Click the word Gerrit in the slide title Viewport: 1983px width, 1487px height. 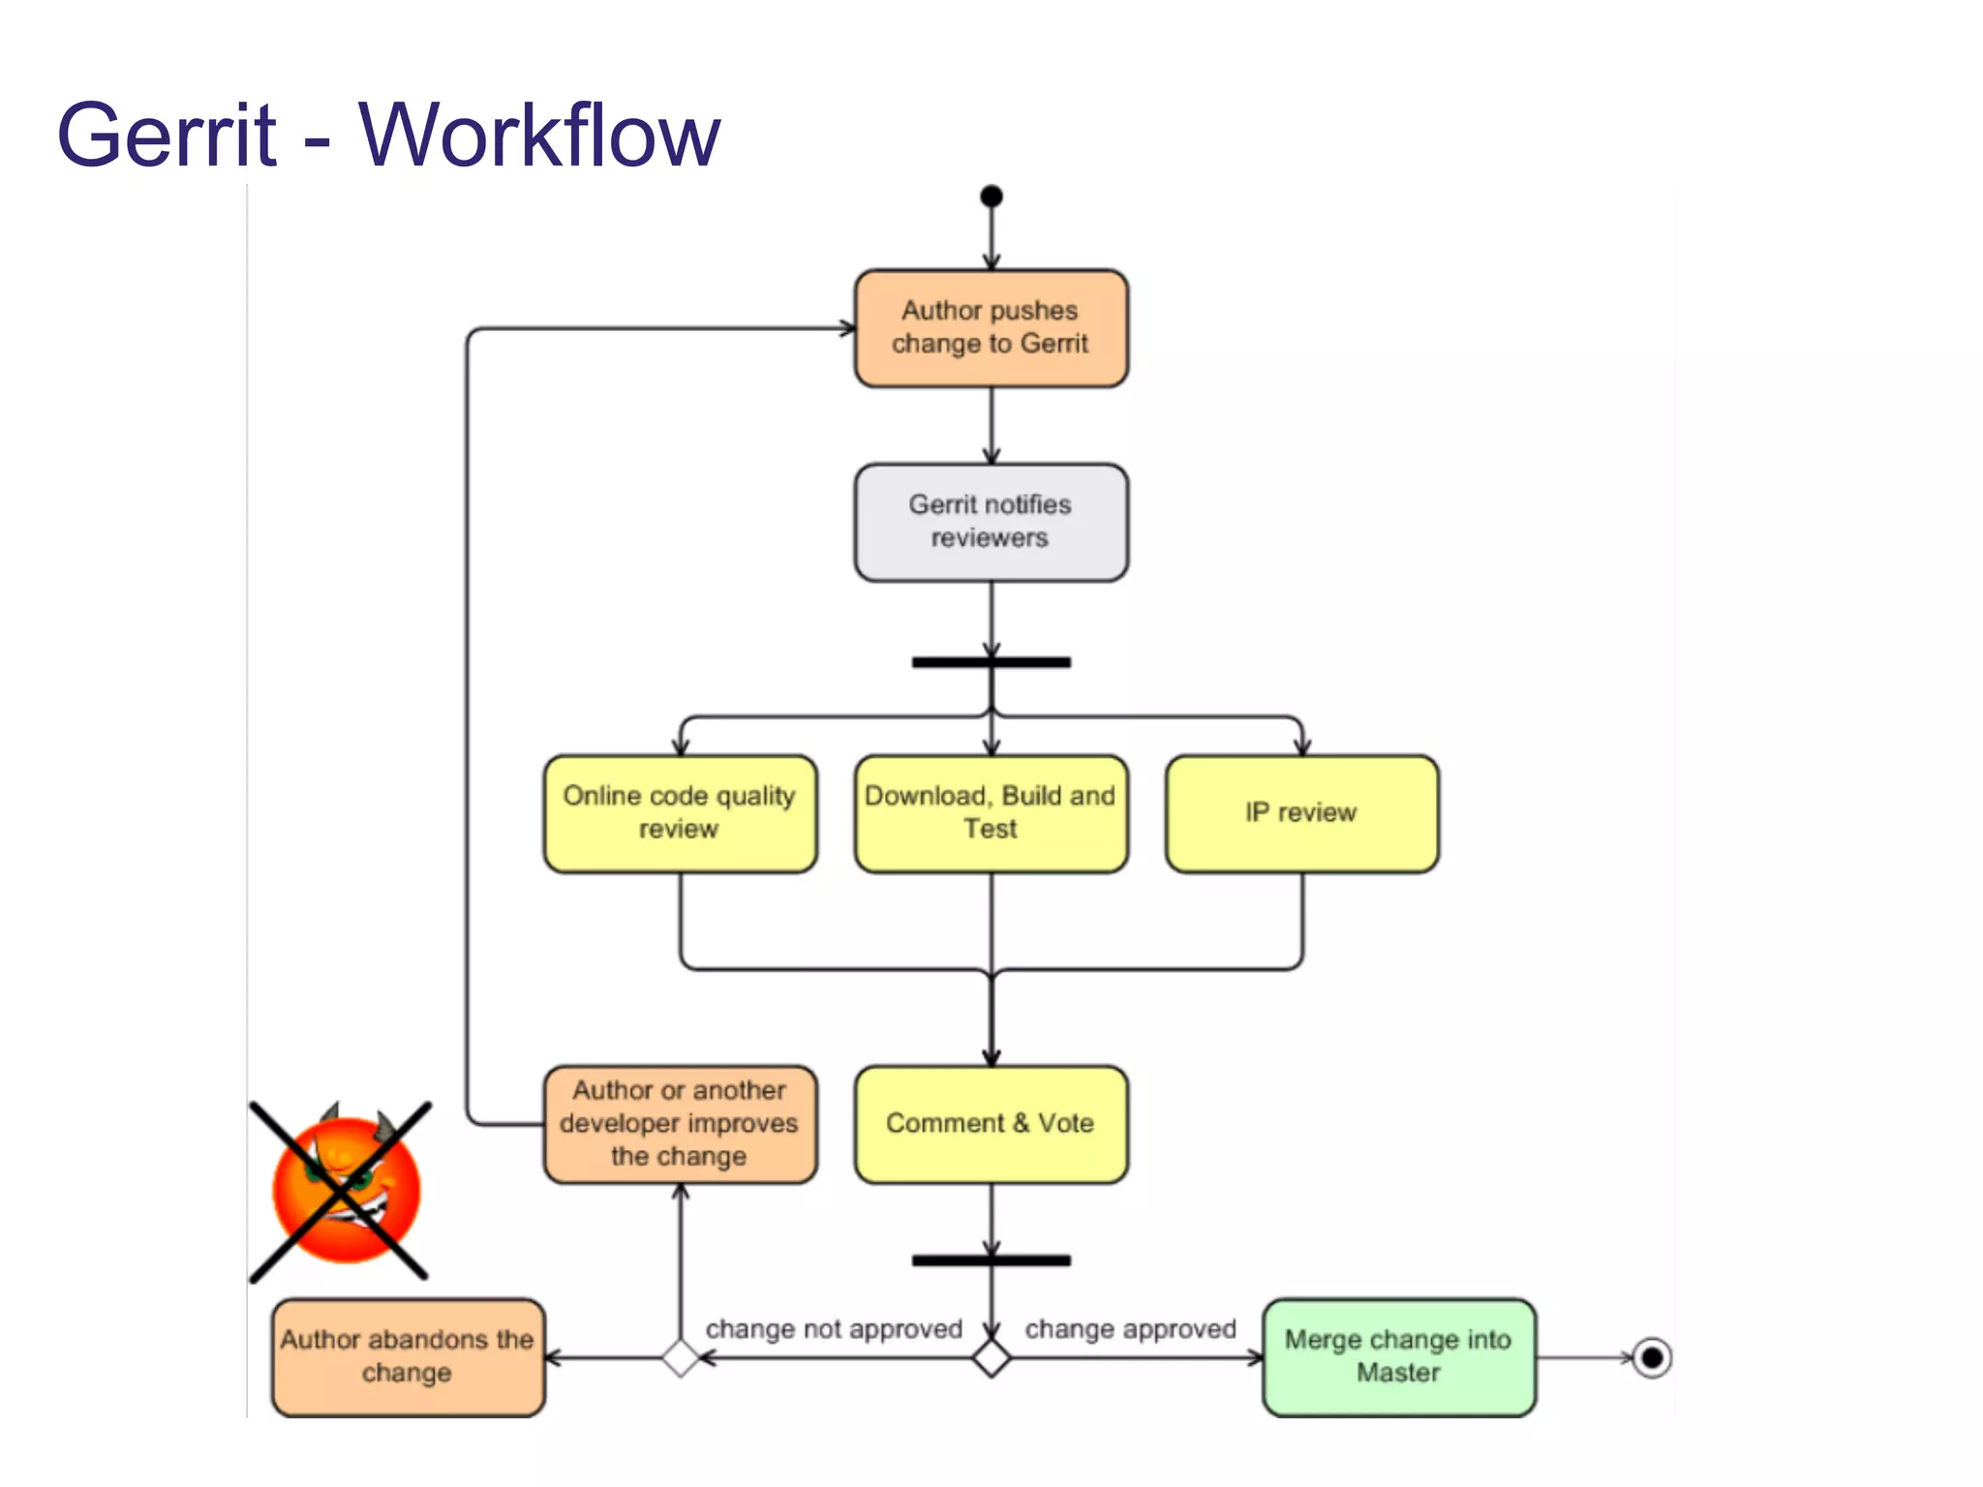point(167,135)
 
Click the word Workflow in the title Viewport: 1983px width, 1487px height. point(539,135)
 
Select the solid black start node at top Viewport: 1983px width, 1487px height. point(991,197)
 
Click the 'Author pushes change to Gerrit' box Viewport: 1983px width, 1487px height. point(991,328)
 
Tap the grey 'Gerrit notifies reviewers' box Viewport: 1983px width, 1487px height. point(991,522)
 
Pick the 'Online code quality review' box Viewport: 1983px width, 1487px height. point(680,813)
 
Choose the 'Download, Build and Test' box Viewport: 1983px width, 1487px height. point(991,813)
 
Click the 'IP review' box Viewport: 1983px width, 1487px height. point(1301,813)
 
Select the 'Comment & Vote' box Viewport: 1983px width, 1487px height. point(991,1124)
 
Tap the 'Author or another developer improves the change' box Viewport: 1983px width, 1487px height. point(680,1124)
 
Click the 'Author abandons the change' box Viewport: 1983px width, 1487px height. point(408,1356)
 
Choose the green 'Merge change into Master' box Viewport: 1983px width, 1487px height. point(1398,1356)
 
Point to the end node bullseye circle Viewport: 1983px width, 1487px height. point(1652,1357)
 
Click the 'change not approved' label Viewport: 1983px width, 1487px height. point(834,1329)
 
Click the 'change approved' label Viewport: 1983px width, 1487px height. point(1130,1329)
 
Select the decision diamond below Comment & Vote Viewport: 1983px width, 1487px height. point(991,1358)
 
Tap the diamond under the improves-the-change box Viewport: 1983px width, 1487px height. point(681,1358)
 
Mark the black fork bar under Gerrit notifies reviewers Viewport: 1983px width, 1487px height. point(991,662)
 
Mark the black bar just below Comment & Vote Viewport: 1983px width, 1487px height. point(991,1260)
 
